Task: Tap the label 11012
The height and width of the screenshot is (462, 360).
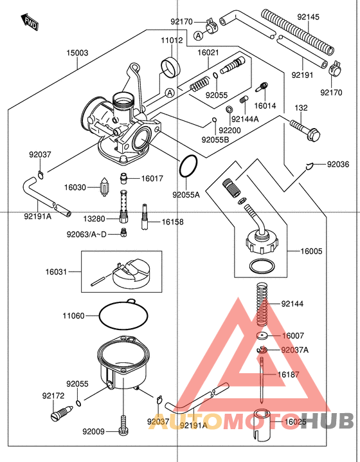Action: (171, 40)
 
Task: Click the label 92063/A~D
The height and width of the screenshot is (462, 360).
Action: (87, 234)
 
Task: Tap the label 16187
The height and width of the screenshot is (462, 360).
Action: (289, 374)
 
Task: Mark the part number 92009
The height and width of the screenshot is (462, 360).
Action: (93, 432)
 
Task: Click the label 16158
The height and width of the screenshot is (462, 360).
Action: (172, 221)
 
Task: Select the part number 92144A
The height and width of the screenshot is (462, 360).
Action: (245, 119)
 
